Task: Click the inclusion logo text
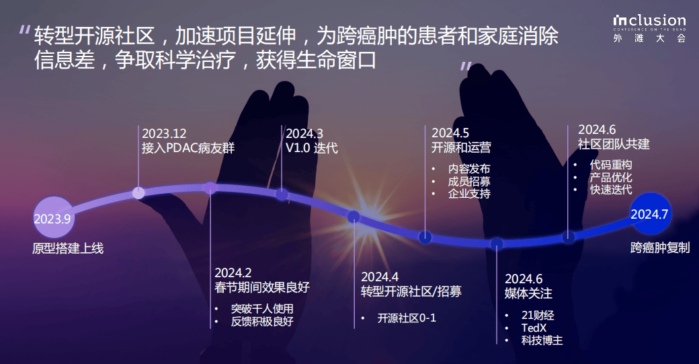649,20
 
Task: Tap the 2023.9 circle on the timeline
53,218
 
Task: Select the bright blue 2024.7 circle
650,214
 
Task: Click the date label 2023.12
164,133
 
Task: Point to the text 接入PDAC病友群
188,148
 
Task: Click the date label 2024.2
233,272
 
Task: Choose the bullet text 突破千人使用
262,309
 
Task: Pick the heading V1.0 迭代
312,148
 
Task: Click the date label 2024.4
380,277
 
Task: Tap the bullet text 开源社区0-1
407,318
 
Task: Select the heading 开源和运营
461,147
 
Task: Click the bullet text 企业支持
469,194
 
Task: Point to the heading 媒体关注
528,293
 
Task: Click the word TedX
534,328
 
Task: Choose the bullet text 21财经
538,316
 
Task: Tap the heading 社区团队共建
614,144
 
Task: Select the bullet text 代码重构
611,165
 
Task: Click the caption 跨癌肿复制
660,248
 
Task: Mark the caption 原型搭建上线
68,248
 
